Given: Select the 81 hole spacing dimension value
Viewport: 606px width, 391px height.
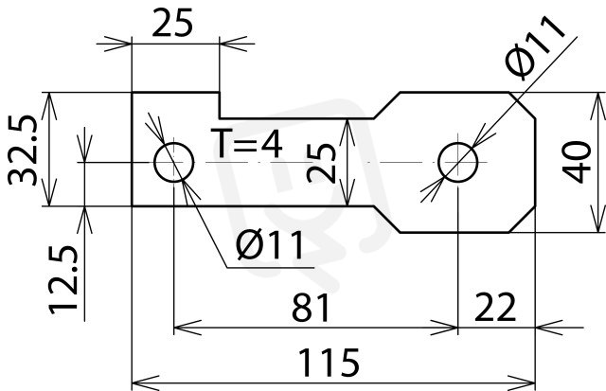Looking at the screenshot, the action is pos(311,308).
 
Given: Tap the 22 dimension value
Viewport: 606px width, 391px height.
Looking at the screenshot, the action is pos(495,307).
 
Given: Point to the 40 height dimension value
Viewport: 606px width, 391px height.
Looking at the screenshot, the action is pos(577,162).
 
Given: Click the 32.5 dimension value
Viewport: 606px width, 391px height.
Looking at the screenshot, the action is pos(23,150).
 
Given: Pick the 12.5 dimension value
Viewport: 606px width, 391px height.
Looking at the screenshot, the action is pos(63,279).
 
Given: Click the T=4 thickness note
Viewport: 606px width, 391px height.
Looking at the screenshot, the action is pos(246,143).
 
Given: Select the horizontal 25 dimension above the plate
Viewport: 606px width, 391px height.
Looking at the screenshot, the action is pos(172,23).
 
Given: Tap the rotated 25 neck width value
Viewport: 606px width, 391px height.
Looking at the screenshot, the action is pos(321,163).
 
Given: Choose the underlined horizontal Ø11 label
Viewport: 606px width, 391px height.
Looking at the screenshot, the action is pos(270,244).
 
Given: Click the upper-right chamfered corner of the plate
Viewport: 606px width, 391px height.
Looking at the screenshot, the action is pos(522,105).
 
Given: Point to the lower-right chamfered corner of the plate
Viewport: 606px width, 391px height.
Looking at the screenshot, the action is pos(522,220).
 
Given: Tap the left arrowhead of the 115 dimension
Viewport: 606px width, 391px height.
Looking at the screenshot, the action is pos(146,382).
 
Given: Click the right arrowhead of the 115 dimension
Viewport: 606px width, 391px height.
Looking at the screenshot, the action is pos(522,382).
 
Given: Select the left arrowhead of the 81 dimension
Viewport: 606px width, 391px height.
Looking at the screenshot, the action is pos(187,328).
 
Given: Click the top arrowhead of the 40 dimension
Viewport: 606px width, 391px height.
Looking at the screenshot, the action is pos(598,106).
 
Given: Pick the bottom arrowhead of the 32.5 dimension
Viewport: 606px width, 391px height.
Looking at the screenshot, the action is pos(49,192).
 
